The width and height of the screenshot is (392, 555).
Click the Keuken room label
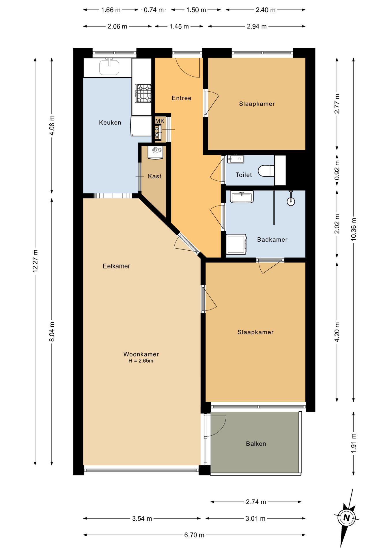point(110,123)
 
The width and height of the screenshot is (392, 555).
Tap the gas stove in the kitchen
point(143,93)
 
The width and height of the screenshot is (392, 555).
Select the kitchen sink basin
point(109,67)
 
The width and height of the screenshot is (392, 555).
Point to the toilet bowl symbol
point(266,171)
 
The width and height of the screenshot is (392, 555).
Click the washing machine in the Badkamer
point(236,244)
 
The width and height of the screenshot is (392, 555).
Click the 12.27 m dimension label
point(35,261)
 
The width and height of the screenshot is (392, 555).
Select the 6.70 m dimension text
point(194,535)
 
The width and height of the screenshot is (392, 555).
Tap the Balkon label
point(256,444)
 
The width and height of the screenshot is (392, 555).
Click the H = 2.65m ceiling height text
point(141,361)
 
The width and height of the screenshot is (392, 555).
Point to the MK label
point(160,121)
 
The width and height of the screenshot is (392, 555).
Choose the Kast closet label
point(155,176)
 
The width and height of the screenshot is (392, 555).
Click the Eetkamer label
point(116,266)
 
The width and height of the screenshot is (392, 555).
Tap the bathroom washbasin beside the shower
point(242,197)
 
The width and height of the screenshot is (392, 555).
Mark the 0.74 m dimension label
point(154,10)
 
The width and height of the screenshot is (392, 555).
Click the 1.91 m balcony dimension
point(354,443)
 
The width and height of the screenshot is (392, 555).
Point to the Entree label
point(182,98)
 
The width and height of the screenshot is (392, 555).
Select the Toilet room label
point(244,175)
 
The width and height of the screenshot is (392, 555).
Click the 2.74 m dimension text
point(256,502)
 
